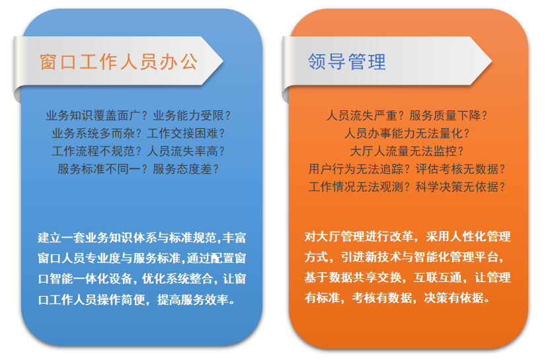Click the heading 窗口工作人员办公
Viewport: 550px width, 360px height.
(x=118, y=62)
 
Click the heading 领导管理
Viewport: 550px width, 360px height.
(x=347, y=62)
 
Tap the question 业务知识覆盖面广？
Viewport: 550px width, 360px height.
(x=97, y=116)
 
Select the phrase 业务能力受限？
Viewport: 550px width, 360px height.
(x=192, y=116)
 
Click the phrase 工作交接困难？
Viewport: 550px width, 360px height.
(x=186, y=133)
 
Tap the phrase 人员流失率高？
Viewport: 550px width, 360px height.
(x=186, y=151)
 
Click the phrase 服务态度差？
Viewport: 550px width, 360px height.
(x=186, y=169)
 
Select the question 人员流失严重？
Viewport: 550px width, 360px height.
(x=366, y=116)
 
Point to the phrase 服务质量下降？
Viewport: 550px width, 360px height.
(x=449, y=116)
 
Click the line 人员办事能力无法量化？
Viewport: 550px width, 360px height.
(x=407, y=133)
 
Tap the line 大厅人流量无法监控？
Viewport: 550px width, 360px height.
(x=407, y=151)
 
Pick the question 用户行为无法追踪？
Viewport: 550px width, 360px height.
(x=360, y=169)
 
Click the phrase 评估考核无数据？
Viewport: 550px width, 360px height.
(x=461, y=169)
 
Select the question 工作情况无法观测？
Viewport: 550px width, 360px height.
(x=360, y=187)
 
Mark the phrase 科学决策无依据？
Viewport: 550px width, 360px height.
(x=461, y=187)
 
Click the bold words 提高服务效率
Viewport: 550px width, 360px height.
(x=193, y=300)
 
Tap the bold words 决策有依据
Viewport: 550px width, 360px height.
(x=454, y=298)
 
